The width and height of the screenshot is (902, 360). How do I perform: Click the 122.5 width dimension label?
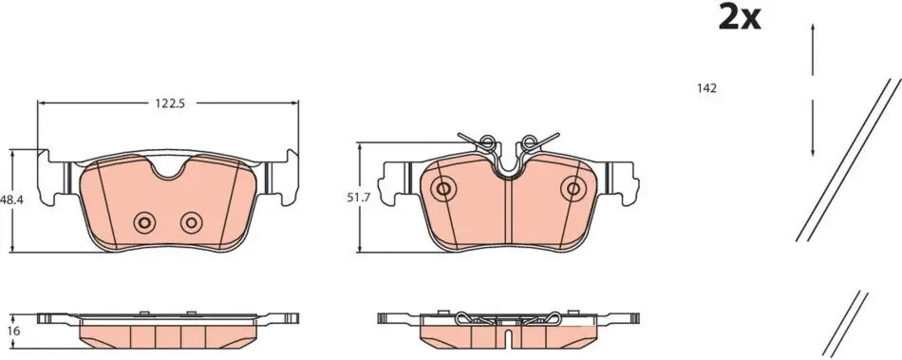[167, 103]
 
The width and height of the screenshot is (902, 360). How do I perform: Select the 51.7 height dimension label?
[357, 198]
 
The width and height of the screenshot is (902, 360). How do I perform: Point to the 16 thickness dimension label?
[15, 331]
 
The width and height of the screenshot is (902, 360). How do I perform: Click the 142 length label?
[706, 88]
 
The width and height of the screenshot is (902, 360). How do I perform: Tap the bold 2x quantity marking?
[740, 17]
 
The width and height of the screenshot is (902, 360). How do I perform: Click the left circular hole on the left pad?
[143, 222]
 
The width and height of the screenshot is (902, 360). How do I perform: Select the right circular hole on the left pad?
[191, 222]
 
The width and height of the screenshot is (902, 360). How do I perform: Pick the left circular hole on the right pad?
[443, 188]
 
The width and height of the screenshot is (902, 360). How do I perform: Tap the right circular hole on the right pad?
[573, 188]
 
